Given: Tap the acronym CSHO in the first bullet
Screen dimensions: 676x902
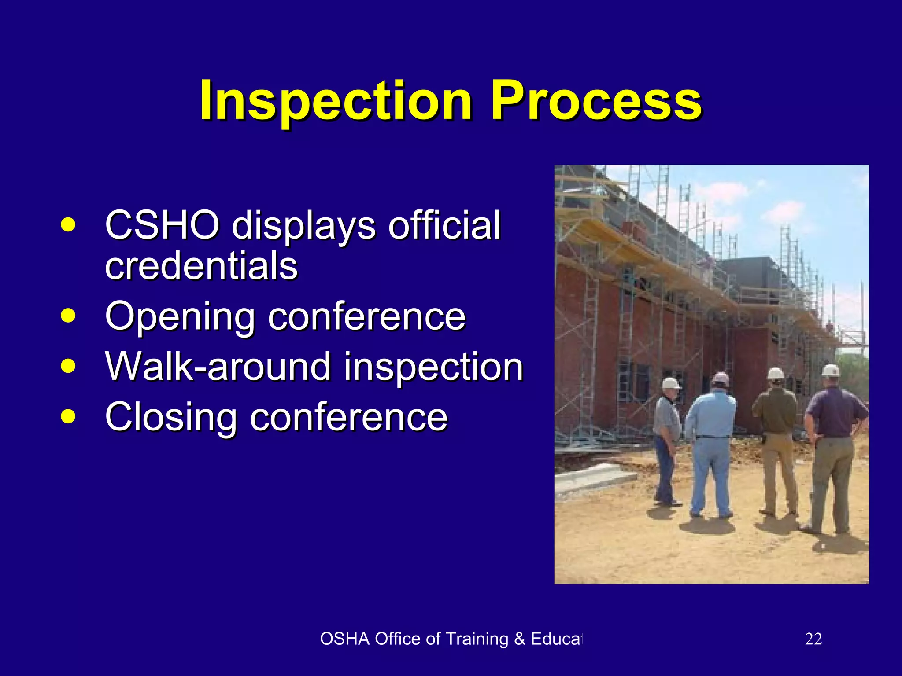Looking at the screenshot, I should pos(162,225).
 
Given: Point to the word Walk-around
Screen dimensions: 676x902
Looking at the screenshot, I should pos(218,367).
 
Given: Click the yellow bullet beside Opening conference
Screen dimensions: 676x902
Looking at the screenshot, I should pos(68,315).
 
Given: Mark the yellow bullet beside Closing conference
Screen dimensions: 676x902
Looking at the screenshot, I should pos(68,416).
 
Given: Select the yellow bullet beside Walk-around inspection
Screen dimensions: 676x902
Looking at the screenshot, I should pos(68,365).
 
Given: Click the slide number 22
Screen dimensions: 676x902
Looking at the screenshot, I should pos(813,639).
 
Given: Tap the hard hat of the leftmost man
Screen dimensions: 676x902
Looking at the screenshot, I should pos(670,383).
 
